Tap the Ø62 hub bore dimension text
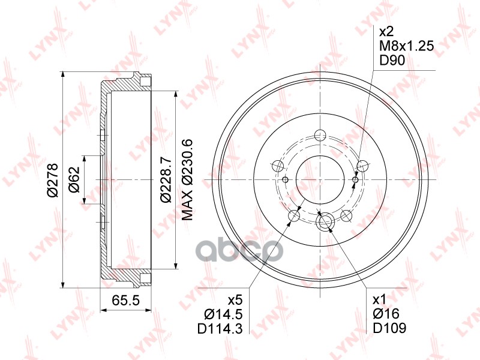point(74,179)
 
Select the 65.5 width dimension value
point(125,301)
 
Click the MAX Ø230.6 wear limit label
point(187,179)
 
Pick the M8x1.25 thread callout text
point(407,46)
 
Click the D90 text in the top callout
point(392,61)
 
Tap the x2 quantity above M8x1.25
point(386,32)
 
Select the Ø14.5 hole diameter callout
point(223,314)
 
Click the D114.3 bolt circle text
point(220,328)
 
